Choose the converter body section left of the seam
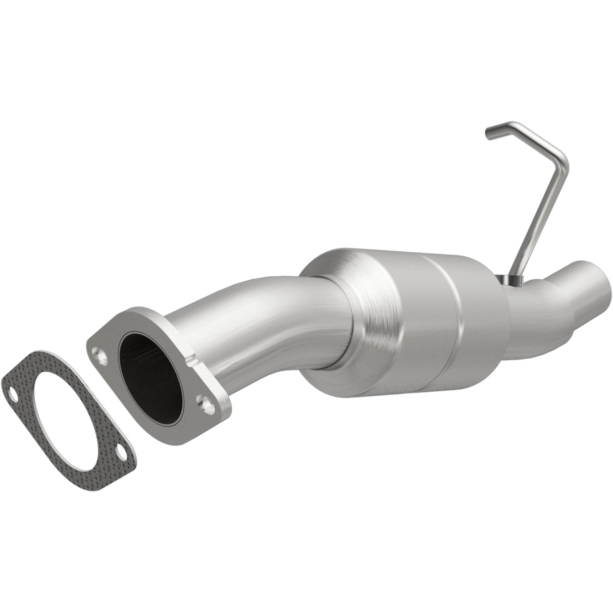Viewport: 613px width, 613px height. coord(404,323)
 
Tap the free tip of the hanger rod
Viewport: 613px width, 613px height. coord(489,133)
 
